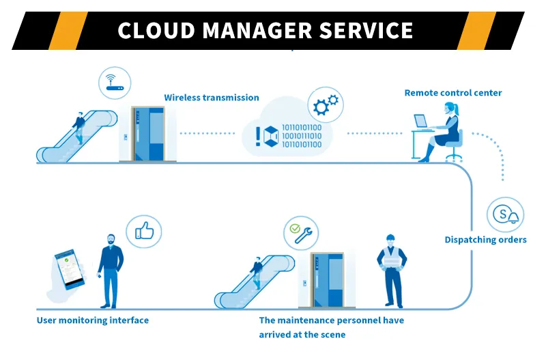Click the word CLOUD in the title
click(x=152, y=31)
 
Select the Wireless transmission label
click(x=211, y=98)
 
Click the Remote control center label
click(x=452, y=93)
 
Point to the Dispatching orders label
click(x=485, y=240)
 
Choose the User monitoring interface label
click(x=92, y=320)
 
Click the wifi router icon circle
click(x=114, y=81)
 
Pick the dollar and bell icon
click(x=504, y=214)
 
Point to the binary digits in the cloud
click(x=301, y=135)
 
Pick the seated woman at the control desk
click(x=447, y=132)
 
